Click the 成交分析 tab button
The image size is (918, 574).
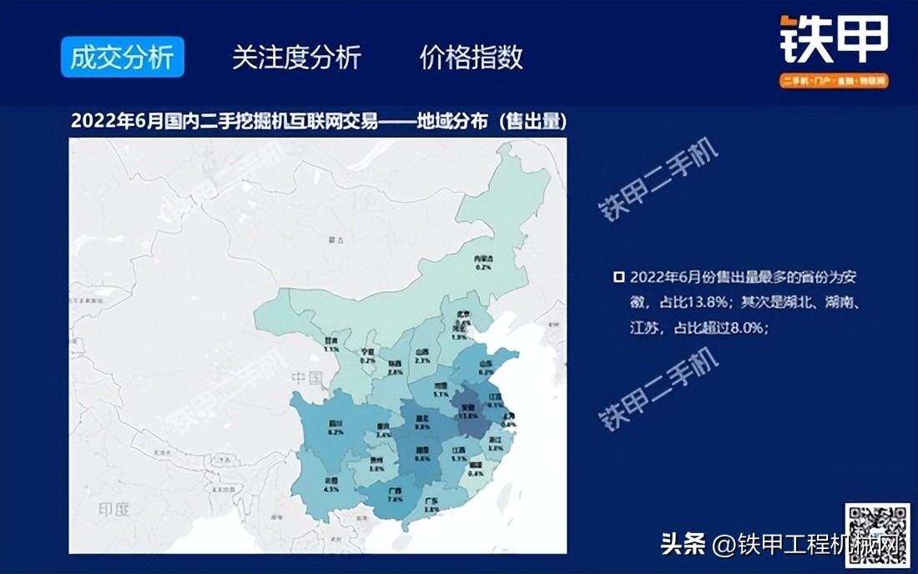click(x=122, y=58)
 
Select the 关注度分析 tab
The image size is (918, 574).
click(x=296, y=58)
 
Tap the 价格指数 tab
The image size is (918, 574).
click(x=471, y=58)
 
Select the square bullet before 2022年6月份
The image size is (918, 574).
click(x=618, y=278)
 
